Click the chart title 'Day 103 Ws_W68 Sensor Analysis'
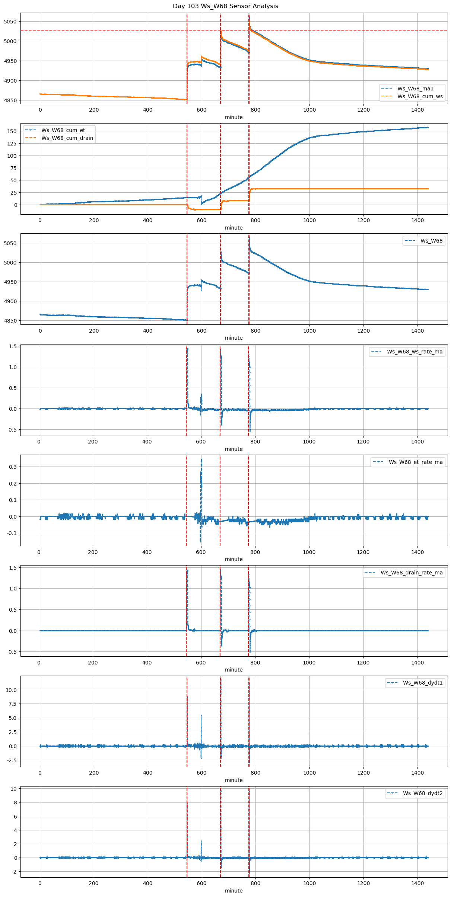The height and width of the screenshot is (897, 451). [x=225, y=6]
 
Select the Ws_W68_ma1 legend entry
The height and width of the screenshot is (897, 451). [x=415, y=89]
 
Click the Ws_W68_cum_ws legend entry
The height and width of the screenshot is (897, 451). [x=420, y=96]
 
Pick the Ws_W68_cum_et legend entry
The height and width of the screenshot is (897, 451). [x=63, y=130]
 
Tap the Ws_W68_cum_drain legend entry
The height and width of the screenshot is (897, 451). [x=67, y=138]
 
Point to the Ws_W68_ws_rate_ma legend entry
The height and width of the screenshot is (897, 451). [x=415, y=352]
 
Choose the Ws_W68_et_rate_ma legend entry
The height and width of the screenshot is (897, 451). [x=416, y=462]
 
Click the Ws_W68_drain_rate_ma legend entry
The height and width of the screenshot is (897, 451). [x=412, y=573]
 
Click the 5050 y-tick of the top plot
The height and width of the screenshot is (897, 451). [x=10, y=22]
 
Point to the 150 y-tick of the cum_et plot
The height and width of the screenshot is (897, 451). [x=12, y=131]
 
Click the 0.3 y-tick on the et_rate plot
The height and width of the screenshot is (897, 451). [x=12, y=467]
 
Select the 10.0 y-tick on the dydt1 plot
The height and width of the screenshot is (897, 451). [x=11, y=690]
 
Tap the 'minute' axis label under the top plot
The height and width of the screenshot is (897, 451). [x=234, y=117]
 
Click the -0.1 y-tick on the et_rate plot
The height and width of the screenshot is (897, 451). [x=11, y=533]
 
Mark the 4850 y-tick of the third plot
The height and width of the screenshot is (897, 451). [x=10, y=321]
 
